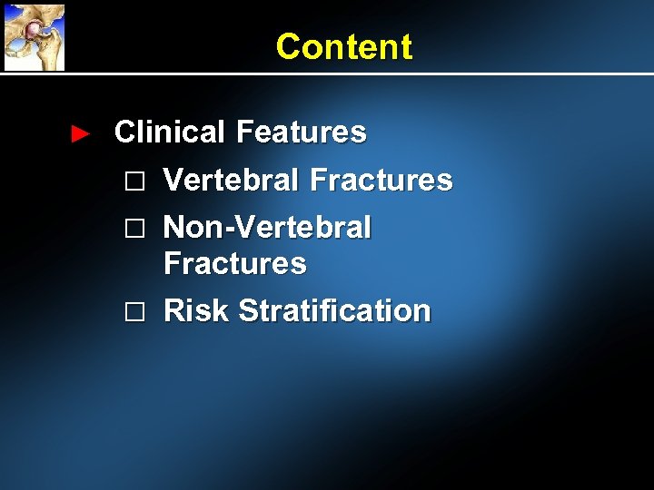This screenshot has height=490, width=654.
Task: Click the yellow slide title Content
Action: coord(343,46)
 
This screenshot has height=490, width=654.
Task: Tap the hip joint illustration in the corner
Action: coord(35,36)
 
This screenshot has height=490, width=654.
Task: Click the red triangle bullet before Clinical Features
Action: coord(80,134)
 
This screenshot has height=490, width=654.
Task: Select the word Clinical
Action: coord(169,132)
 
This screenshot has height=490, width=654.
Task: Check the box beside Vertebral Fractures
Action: coord(134,181)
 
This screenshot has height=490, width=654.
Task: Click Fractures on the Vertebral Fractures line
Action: coord(381,180)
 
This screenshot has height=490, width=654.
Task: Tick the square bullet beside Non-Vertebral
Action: coord(134,229)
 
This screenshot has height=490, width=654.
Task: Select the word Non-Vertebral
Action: coord(267,227)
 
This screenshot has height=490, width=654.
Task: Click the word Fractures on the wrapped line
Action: coord(234,264)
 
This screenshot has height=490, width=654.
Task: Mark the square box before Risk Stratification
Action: coord(134,312)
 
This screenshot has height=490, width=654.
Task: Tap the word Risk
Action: coord(196,310)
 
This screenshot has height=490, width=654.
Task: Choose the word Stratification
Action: coord(334,310)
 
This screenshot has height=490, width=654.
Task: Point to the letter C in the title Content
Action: coord(288,46)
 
